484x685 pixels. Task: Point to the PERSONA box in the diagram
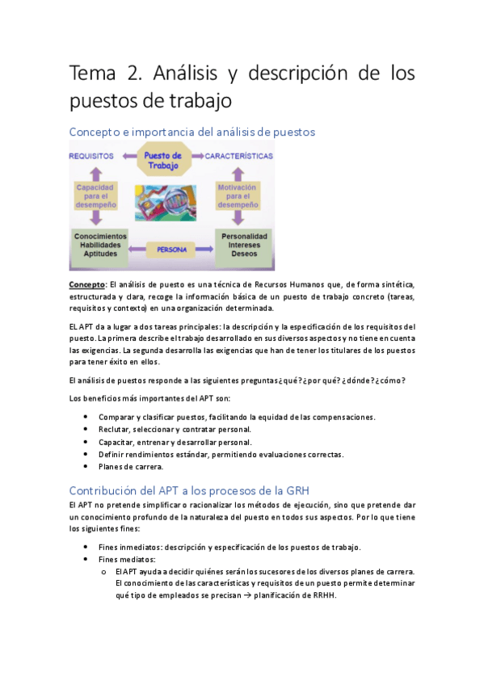(x=165, y=250)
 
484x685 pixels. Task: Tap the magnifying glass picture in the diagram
(x=164, y=203)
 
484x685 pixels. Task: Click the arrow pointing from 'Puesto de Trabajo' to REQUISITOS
(x=125, y=156)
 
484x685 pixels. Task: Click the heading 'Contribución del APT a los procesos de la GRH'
(x=189, y=490)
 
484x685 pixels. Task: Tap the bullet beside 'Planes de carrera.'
(x=86, y=467)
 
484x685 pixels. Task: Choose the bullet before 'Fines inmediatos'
(x=86, y=547)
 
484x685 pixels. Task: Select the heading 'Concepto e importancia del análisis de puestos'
(x=191, y=131)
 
